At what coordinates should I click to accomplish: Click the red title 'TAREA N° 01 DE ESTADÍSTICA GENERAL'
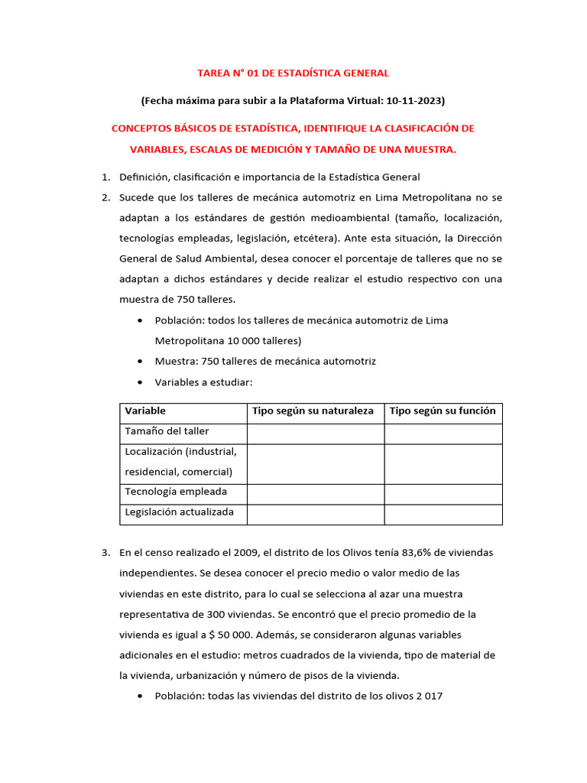click(293, 73)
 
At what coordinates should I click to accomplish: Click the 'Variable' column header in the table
click(145, 411)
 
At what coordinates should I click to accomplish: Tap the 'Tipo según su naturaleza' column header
click(313, 411)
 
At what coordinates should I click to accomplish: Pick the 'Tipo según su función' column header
click(443, 411)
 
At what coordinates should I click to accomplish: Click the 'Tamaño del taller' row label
click(166, 432)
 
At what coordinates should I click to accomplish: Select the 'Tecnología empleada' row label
click(176, 492)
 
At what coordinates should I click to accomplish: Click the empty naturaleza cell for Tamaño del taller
click(315, 433)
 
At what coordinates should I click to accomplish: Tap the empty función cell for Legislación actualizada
click(443, 514)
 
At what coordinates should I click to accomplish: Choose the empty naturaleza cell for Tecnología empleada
click(315, 493)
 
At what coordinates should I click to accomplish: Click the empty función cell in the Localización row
click(443, 463)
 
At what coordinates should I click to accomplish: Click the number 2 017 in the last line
click(427, 697)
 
